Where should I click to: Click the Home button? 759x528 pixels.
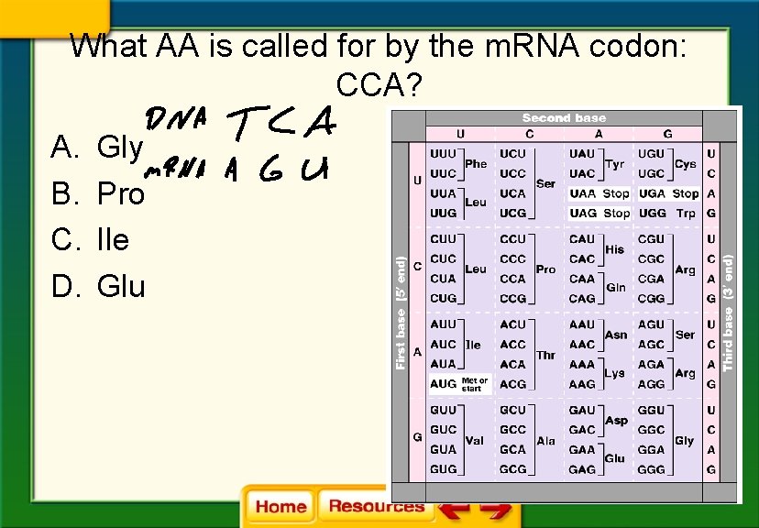coord(280,506)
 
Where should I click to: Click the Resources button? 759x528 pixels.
coord(376,505)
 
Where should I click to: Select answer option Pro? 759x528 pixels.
coord(120,194)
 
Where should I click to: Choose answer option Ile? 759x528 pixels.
coord(113,240)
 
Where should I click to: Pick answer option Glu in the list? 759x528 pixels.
coord(120,287)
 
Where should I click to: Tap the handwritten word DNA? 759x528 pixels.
coord(175,120)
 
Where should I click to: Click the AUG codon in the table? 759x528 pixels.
coord(443,384)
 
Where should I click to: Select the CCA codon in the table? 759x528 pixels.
coord(512,279)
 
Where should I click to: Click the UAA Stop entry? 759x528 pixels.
coord(599,193)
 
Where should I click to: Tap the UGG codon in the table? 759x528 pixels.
coord(652,213)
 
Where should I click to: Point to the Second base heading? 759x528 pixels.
coord(564,117)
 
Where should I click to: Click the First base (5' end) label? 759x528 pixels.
coord(401,313)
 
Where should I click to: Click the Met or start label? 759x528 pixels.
coord(475,384)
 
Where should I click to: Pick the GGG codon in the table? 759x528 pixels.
coord(652,469)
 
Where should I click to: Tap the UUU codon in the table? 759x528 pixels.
coord(443,154)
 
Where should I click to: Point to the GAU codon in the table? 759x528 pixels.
coord(582,410)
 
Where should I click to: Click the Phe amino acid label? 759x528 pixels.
coord(476,163)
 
